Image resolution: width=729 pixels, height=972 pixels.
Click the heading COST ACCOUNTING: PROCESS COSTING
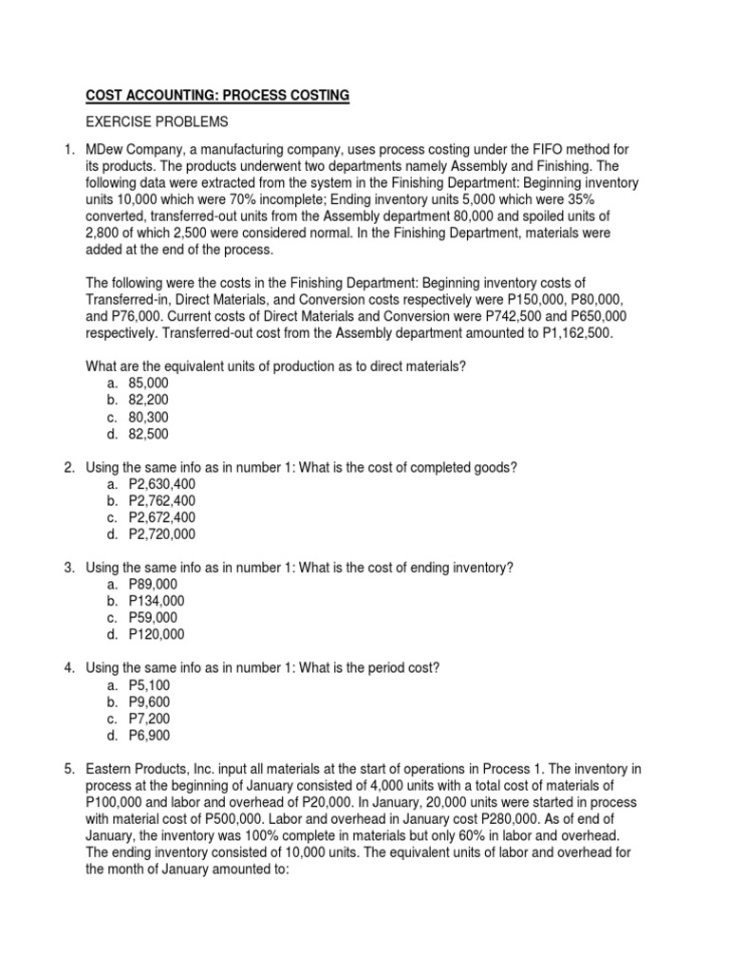[217, 95]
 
